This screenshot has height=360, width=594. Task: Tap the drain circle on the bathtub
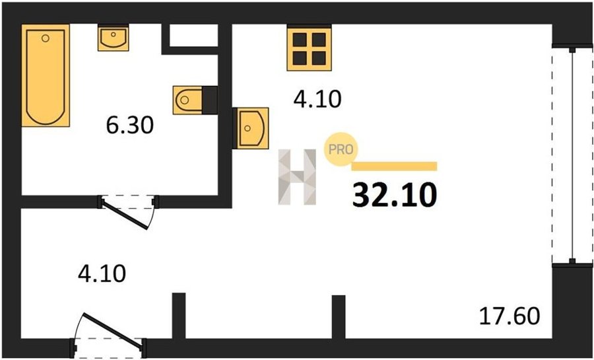pyautogui.click(x=46, y=39)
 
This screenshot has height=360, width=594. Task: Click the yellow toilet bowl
pyautogui.click(x=187, y=100)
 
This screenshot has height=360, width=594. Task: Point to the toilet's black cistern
pyautogui.click(x=209, y=100)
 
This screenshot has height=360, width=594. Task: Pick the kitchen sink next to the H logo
pyautogui.click(x=251, y=127)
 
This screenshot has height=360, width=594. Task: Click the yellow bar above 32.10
pyautogui.click(x=395, y=166)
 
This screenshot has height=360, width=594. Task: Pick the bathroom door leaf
pyautogui.click(x=127, y=215)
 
